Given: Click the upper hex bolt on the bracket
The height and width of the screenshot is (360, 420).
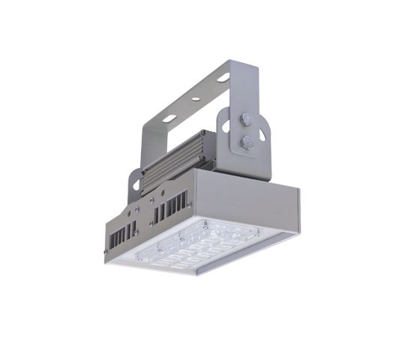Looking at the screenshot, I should pyautogui.click(x=245, y=119).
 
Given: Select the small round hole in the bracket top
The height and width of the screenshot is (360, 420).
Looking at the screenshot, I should pyautogui.click(x=193, y=98).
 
